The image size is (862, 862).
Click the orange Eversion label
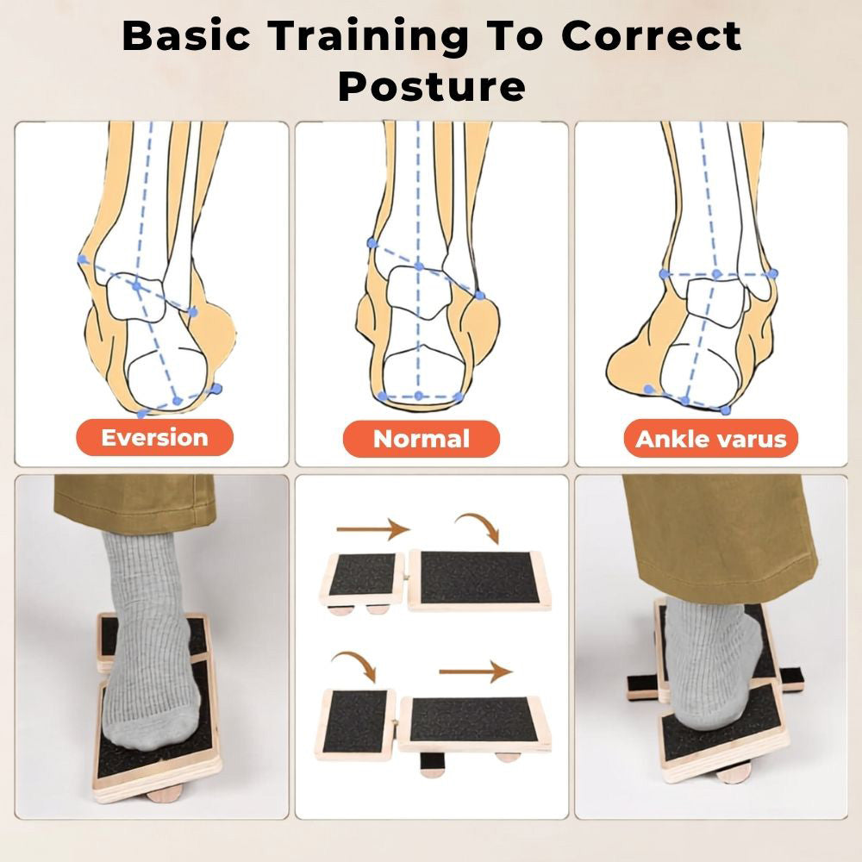coord(154,438)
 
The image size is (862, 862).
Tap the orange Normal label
coord(422,439)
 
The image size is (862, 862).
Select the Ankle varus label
coord(711,439)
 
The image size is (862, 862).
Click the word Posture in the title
coord(432,86)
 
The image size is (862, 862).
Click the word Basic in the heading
coord(186,35)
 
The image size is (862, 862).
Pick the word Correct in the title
coord(651,35)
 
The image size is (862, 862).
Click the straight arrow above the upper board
coord(373,529)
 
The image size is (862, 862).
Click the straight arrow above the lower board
coord(476,671)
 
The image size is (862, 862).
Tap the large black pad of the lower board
coord(472,720)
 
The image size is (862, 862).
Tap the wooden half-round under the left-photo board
coord(164,792)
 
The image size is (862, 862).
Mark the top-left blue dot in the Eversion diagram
coord(83,259)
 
